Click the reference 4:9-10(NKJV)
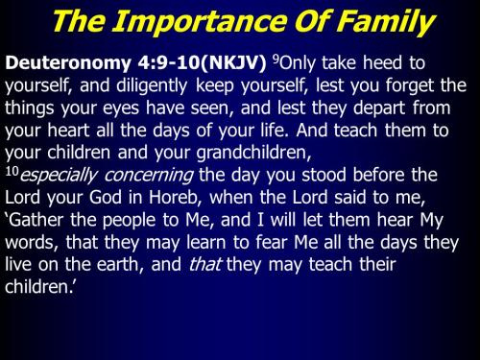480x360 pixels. pos(189,64)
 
